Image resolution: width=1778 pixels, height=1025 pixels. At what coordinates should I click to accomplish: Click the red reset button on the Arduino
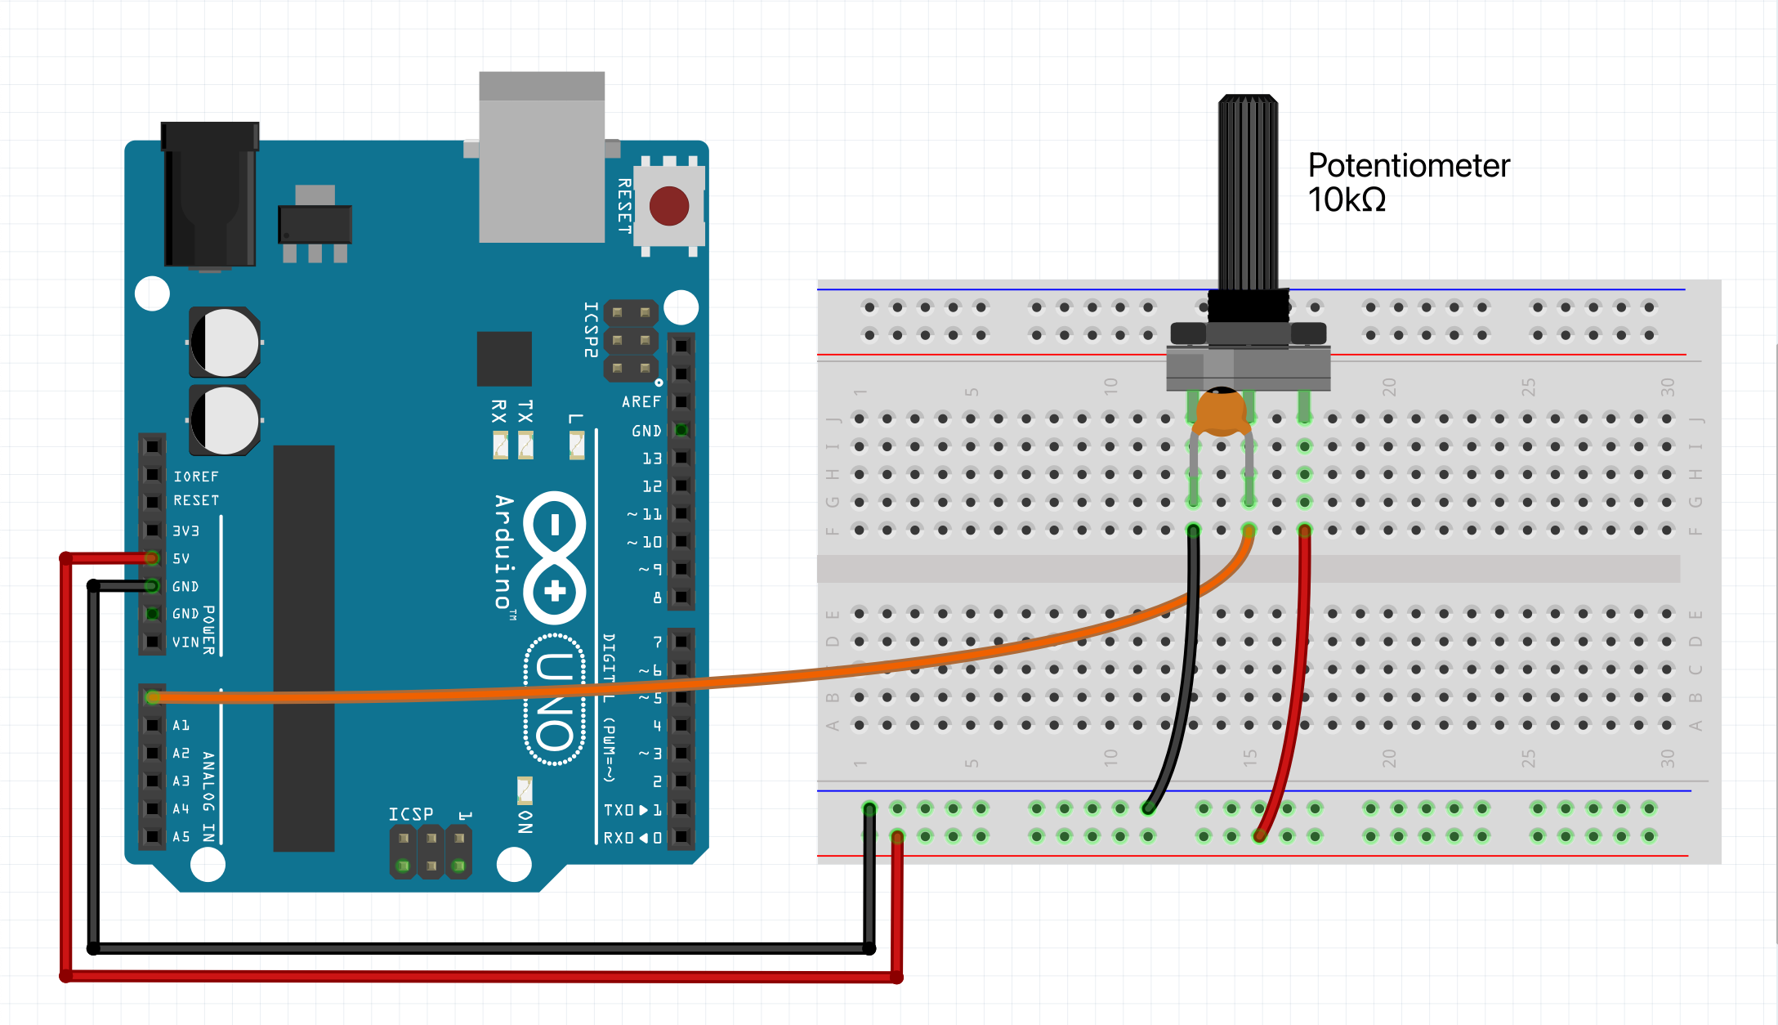click(669, 206)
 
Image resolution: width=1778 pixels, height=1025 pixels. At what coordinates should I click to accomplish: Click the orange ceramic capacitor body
click(1221, 412)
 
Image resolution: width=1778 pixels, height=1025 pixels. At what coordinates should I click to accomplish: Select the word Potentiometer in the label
click(1409, 166)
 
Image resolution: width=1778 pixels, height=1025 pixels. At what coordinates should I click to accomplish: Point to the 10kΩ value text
click(1347, 200)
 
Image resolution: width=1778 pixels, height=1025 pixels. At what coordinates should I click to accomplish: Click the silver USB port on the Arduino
click(542, 158)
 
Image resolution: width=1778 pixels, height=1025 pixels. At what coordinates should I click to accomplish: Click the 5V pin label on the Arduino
click(181, 559)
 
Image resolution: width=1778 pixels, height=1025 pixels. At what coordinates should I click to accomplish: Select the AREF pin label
click(641, 402)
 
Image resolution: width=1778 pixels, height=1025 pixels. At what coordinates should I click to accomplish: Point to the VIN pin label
click(185, 642)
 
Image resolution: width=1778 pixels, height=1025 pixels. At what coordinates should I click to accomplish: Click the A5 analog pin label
click(181, 837)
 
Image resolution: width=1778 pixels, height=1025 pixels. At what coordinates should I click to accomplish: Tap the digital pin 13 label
click(651, 459)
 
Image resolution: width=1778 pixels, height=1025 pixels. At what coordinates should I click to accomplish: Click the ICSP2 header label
click(591, 329)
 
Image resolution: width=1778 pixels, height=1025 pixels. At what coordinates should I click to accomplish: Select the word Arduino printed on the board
click(504, 552)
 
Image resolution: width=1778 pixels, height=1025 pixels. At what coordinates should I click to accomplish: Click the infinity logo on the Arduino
click(555, 557)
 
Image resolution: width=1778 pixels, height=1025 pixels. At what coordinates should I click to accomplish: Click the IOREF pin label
click(196, 477)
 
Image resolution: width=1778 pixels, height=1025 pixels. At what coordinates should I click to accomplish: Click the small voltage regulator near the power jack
click(315, 223)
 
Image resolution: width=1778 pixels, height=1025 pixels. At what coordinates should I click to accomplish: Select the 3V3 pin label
click(185, 531)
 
